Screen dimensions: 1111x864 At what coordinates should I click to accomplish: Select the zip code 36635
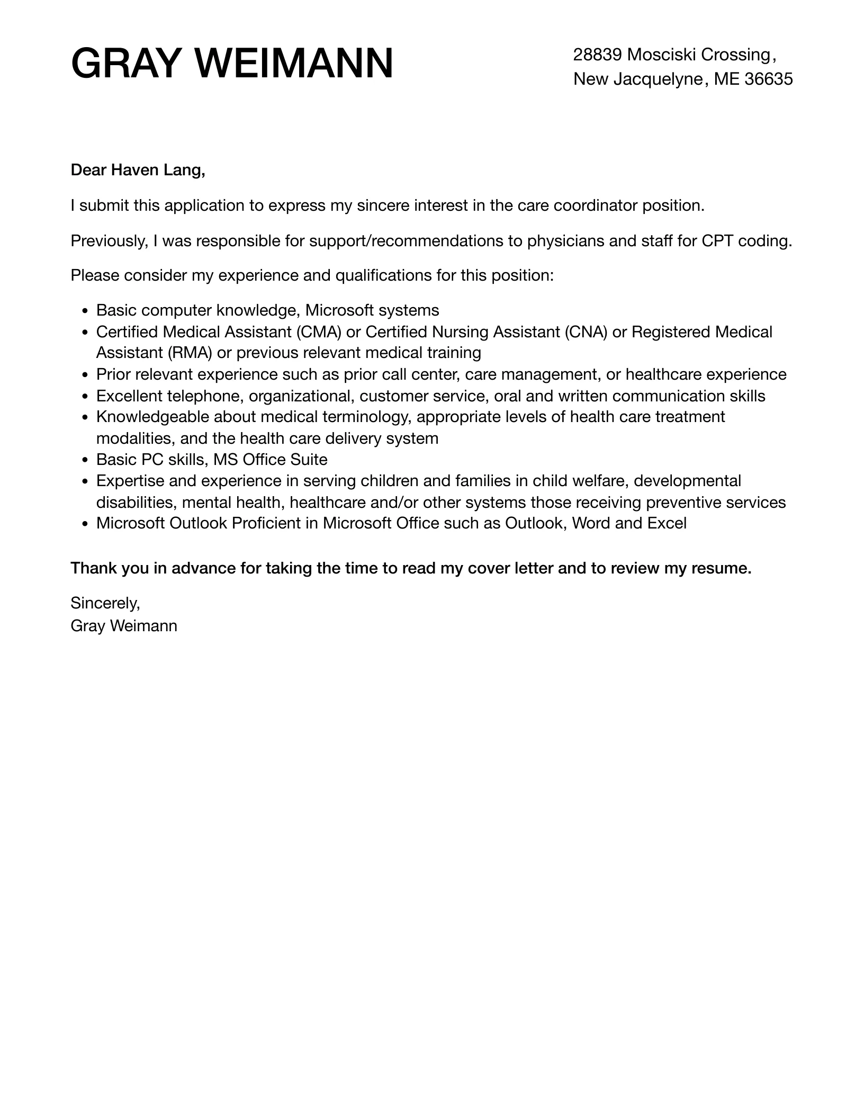click(x=769, y=79)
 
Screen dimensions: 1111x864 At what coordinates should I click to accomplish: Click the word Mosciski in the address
click(x=661, y=54)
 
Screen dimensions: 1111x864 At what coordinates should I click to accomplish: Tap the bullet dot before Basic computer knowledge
click(x=85, y=311)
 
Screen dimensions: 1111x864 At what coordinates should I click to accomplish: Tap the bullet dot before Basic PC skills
click(x=85, y=460)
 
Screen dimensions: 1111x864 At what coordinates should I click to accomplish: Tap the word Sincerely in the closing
click(x=105, y=603)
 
